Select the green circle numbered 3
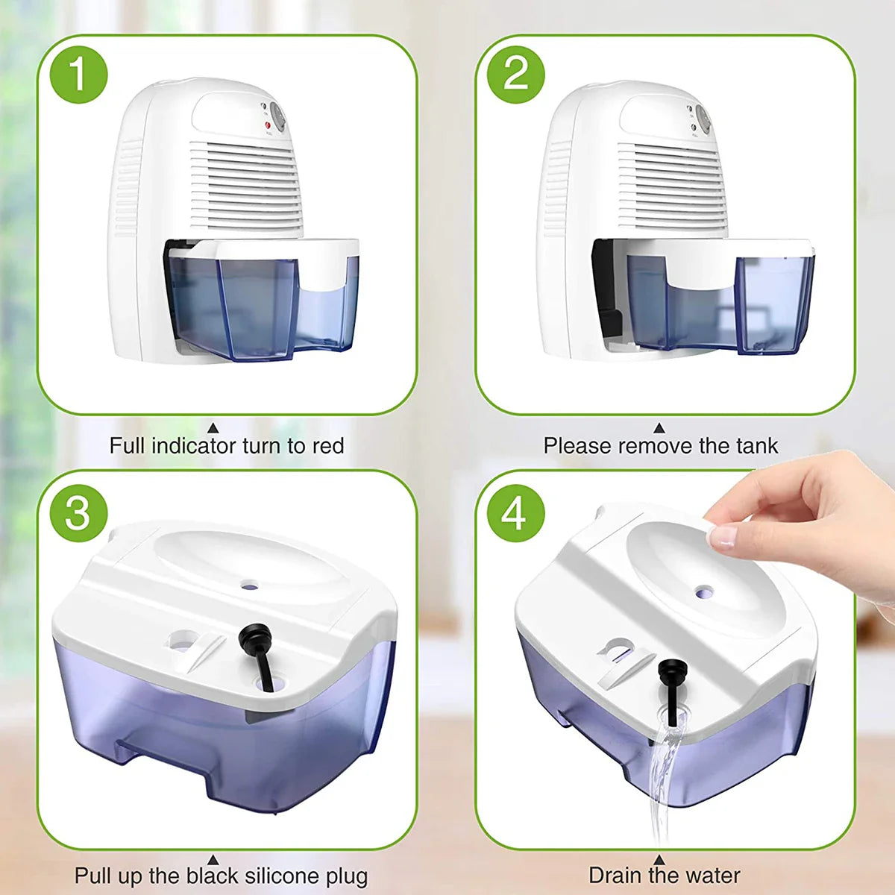(79, 513)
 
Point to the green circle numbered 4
(516, 513)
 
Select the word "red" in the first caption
(327, 446)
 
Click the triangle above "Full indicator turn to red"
(213, 427)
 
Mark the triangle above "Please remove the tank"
(659, 427)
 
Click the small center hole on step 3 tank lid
(248, 587)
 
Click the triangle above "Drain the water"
(659, 859)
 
